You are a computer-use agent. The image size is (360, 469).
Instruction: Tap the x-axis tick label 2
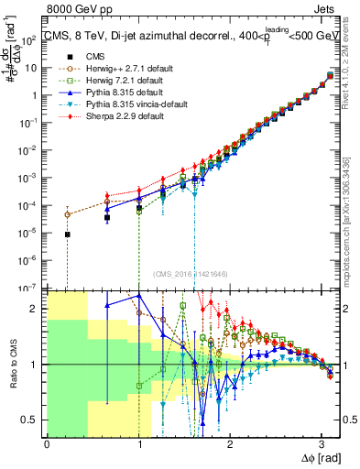(x=230, y=444)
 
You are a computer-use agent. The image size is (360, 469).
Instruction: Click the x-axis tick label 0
(x=47, y=444)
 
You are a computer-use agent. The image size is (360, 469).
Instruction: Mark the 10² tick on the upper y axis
(x=30, y=38)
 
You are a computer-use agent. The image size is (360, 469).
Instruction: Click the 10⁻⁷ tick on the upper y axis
(x=30, y=288)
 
